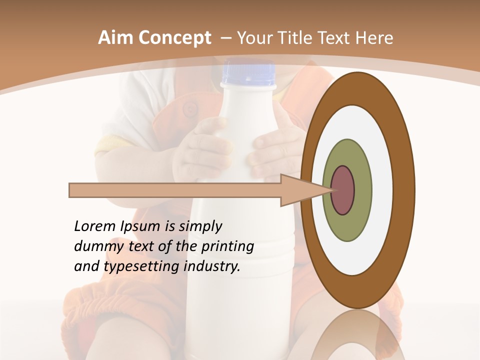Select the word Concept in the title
174,38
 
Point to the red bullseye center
342,190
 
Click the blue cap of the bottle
248,73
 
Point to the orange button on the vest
189,108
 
